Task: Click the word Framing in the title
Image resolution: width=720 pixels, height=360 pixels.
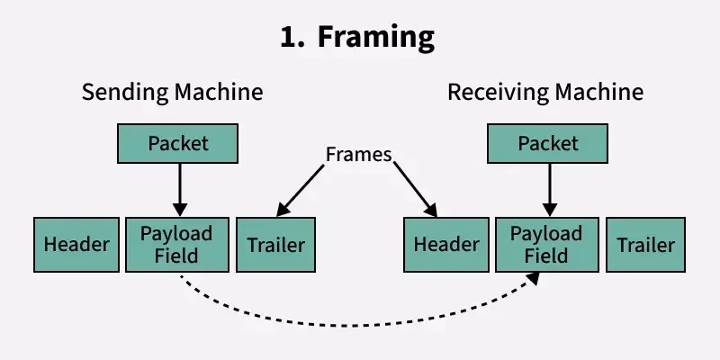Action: [378, 38]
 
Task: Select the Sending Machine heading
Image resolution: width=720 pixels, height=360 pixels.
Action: [173, 92]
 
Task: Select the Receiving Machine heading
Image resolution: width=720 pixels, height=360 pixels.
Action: [545, 92]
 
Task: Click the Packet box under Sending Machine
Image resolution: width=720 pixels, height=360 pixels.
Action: [178, 143]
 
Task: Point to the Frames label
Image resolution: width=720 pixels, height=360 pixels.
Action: [358, 154]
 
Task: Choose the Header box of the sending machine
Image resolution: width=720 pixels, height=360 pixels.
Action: [76, 244]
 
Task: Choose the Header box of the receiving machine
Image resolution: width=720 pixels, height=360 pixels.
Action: [445, 244]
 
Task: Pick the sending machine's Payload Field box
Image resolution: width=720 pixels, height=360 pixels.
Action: [176, 244]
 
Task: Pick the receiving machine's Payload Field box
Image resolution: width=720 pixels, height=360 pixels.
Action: [546, 244]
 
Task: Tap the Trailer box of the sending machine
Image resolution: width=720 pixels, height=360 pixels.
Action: [275, 244]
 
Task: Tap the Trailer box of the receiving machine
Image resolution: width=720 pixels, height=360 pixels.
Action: [645, 244]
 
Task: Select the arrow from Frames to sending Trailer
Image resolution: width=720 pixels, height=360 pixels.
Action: [301, 191]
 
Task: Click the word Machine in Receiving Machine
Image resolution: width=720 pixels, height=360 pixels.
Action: [598, 92]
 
